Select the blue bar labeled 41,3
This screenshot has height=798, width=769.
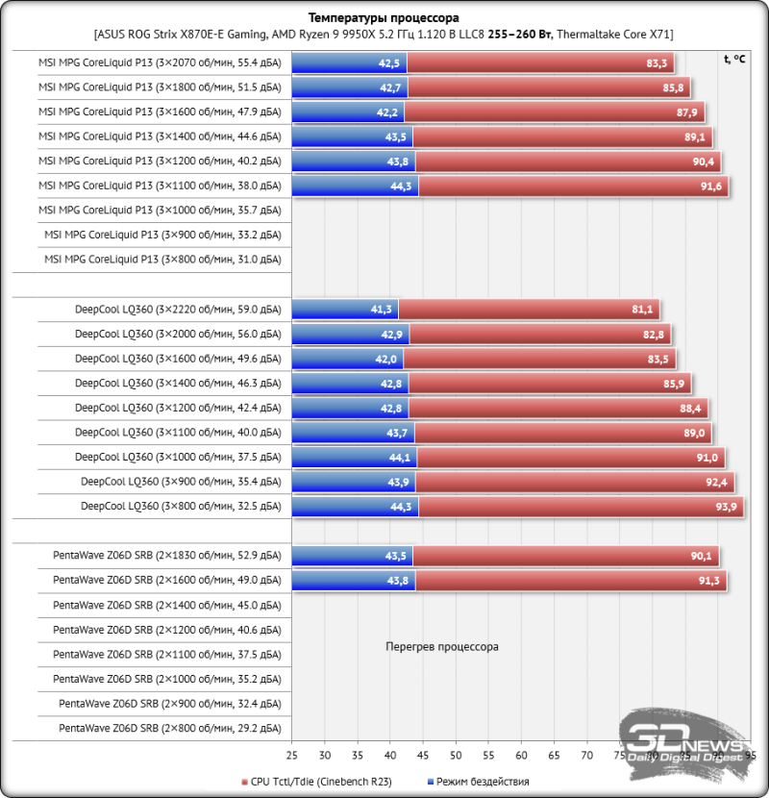(344, 310)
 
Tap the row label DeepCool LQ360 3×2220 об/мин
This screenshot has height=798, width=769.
(177, 310)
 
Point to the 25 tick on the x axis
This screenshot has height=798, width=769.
(291, 756)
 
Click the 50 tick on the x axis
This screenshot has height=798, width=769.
(456, 756)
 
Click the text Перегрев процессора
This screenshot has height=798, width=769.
(441, 647)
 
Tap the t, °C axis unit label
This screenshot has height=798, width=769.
(733, 59)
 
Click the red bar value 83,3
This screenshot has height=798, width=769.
(657, 63)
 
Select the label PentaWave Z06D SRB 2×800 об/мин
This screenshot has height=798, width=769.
(169, 729)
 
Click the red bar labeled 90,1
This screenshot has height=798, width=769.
(567, 556)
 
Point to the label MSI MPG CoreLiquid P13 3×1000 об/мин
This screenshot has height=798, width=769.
(160, 210)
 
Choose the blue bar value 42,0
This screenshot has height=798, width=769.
(385, 359)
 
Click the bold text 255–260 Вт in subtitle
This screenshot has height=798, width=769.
(519, 34)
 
